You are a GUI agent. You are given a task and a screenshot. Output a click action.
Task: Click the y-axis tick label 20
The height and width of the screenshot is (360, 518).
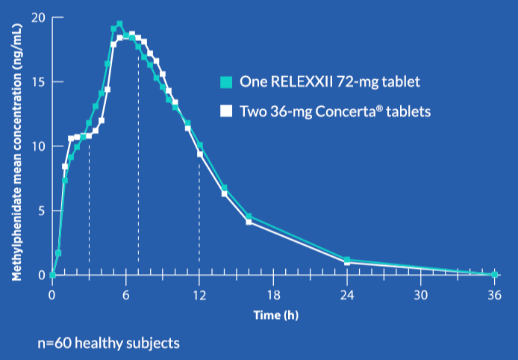click(x=35, y=17)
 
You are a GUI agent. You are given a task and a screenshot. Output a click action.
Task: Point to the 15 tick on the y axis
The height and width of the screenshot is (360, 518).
click(x=35, y=81)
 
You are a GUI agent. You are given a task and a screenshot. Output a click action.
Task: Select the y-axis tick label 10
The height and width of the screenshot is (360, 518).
click(x=35, y=146)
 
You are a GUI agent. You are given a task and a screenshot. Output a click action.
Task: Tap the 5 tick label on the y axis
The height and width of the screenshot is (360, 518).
click(x=38, y=211)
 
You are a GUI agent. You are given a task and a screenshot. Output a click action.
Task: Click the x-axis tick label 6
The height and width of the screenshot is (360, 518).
click(x=125, y=294)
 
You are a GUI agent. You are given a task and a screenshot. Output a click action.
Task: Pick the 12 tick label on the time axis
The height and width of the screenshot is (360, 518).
click(x=199, y=294)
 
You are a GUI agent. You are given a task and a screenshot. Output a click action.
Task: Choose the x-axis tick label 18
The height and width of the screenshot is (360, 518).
click(x=272, y=294)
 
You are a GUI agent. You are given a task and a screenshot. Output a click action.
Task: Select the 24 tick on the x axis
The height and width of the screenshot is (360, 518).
click(x=346, y=294)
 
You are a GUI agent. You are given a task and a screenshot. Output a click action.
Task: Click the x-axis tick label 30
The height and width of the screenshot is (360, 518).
click(x=420, y=294)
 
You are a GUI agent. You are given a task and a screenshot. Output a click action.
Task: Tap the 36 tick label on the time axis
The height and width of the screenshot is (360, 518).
click(x=493, y=294)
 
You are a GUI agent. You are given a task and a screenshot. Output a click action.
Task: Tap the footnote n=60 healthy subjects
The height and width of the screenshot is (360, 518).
click(x=108, y=344)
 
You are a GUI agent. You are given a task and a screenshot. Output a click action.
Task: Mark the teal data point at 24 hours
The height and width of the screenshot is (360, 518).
click(x=347, y=260)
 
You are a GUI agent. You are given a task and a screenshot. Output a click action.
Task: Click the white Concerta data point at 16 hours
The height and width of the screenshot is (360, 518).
click(x=249, y=222)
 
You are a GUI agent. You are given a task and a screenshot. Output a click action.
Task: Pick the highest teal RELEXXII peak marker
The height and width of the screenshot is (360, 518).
click(x=119, y=24)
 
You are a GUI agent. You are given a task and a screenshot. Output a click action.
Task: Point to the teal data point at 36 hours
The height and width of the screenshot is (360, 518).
click(x=494, y=275)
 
